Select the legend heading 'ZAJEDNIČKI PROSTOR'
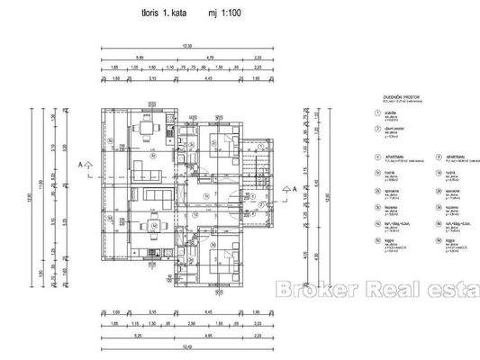point(389,96)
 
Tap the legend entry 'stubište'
point(387,113)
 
